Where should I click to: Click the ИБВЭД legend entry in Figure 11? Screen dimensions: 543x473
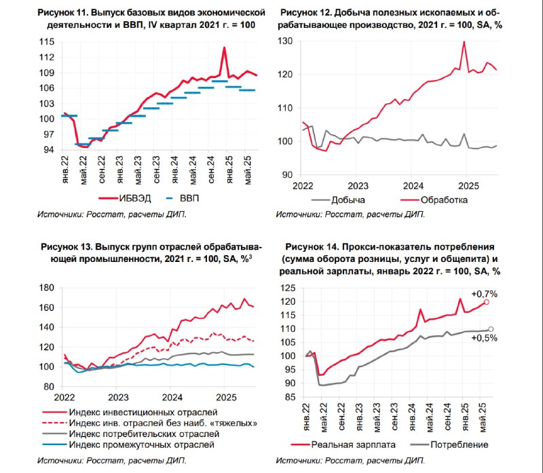[125, 198]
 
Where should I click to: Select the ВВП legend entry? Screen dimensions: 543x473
[183, 198]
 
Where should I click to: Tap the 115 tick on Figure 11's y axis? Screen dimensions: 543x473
[47, 42]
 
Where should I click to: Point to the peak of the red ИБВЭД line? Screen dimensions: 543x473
[225, 48]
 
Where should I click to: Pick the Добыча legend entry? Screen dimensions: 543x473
[338, 200]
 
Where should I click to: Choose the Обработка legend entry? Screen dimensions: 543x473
[434, 200]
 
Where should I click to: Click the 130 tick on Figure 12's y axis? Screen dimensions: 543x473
[285, 41]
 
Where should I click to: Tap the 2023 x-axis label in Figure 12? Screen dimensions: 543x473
[358, 186]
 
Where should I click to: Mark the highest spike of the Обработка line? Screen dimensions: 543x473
[464, 42]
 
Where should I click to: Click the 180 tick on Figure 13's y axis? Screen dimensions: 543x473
[47, 288]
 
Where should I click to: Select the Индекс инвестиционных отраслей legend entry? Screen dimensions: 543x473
[130, 413]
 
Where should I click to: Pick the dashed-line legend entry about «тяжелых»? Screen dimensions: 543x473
[149, 423]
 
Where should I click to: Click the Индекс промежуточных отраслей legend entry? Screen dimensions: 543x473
[128, 444]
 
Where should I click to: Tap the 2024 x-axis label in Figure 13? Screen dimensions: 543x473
[172, 397]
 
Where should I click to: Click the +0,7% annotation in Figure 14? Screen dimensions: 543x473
[484, 294]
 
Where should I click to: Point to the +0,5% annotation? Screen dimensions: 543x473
[484, 338]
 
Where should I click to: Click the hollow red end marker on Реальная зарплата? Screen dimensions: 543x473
[487, 302]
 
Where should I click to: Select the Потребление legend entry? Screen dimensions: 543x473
[449, 445]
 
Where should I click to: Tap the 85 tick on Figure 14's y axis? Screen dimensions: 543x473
[291, 397]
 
